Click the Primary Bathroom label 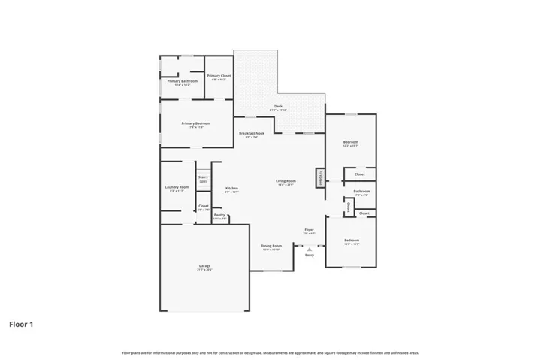[x=183, y=82]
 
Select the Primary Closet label [x=219, y=77]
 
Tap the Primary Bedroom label [x=196, y=124]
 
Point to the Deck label [x=278, y=107]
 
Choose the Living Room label [x=286, y=182]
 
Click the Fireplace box [x=321, y=177]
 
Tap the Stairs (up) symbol [x=203, y=180]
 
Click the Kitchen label [x=232, y=189]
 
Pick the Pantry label [x=219, y=216]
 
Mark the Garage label [x=204, y=268]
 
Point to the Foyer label [x=309, y=231]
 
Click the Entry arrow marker [x=310, y=249]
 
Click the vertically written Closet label [x=349, y=207]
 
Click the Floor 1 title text [x=21, y=325]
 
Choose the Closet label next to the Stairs [x=203, y=207]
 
